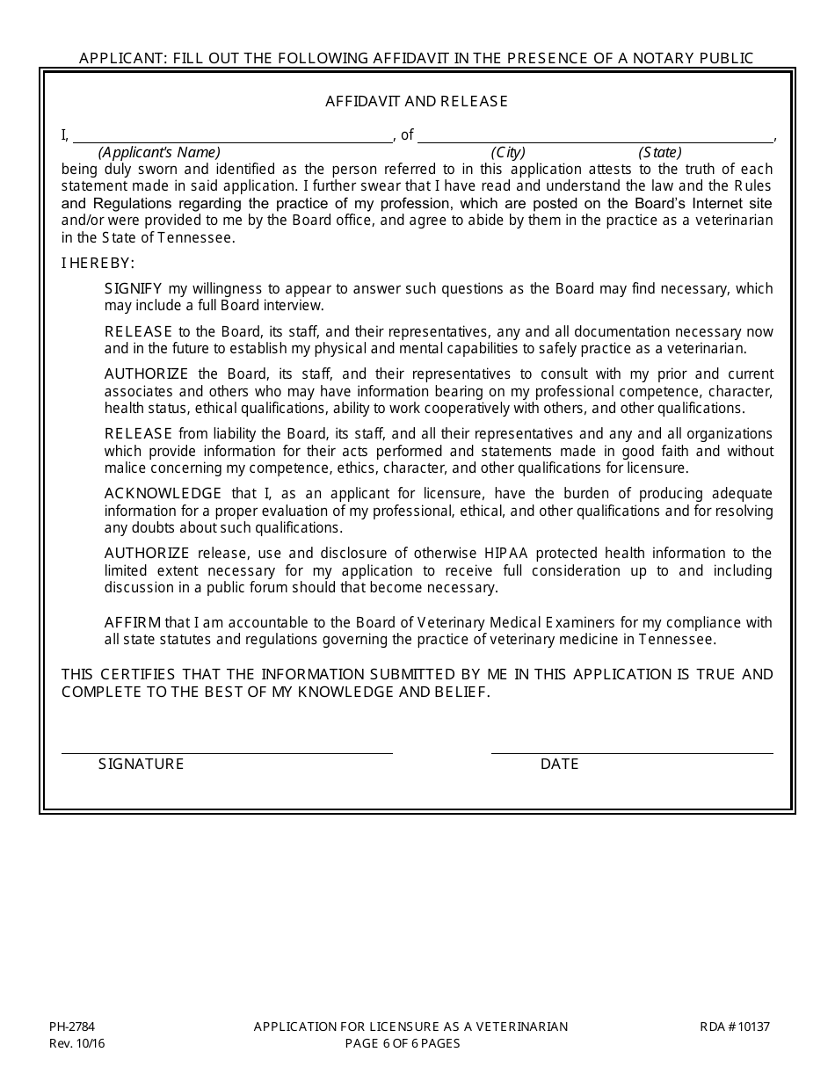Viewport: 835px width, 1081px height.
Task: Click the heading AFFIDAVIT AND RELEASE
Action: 417,101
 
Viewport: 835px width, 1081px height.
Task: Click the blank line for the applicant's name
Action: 233,137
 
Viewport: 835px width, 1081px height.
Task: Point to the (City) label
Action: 508,152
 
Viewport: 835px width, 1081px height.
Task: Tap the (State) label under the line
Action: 659,152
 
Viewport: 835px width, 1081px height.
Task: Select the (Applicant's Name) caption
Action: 159,152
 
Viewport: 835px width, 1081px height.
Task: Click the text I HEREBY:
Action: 98,263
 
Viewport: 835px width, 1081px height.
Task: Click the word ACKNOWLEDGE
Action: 163,493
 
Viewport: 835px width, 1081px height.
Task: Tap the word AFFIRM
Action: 131,622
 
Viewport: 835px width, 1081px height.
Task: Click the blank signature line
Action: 227,750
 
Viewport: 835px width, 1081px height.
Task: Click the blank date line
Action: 632,750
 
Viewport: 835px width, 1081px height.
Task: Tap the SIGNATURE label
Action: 142,764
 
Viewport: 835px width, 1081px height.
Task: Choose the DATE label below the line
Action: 559,764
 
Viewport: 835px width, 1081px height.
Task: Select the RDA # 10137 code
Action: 735,1027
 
